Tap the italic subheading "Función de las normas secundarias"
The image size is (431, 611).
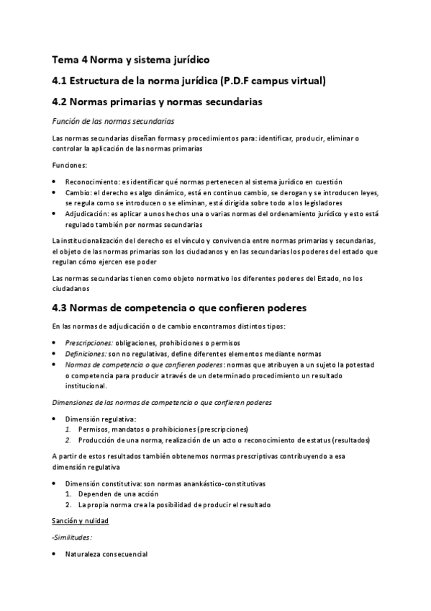click(113, 120)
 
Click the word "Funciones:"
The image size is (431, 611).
click(70, 165)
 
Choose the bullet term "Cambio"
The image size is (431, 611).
click(78, 193)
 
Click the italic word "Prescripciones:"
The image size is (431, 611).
click(89, 343)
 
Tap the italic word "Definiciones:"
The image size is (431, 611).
click(86, 354)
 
